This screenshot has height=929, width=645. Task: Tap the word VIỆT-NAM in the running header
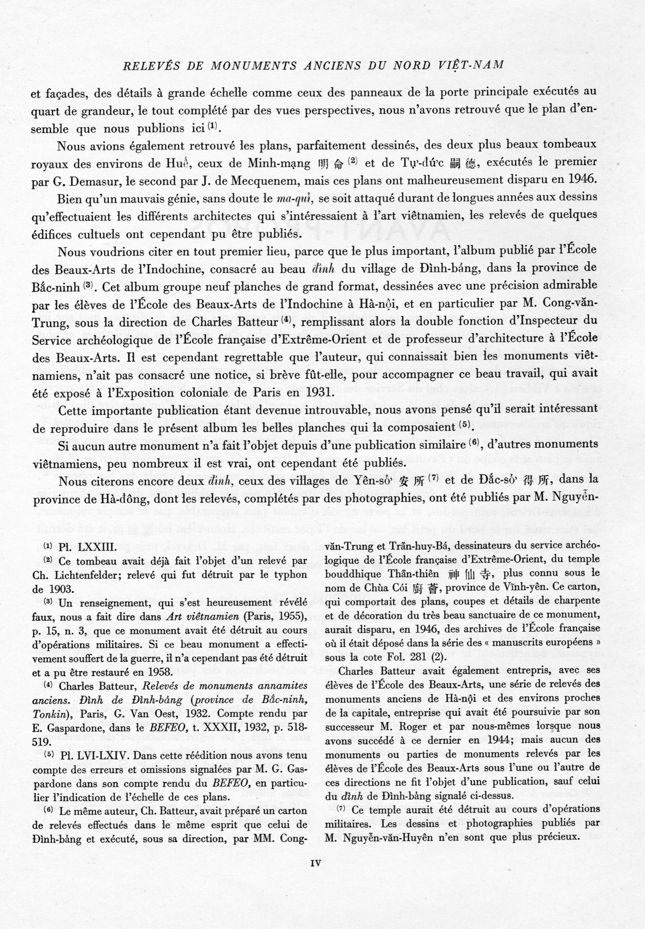[x=468, y=65]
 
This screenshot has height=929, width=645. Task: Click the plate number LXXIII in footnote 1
[x=94, y=546]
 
